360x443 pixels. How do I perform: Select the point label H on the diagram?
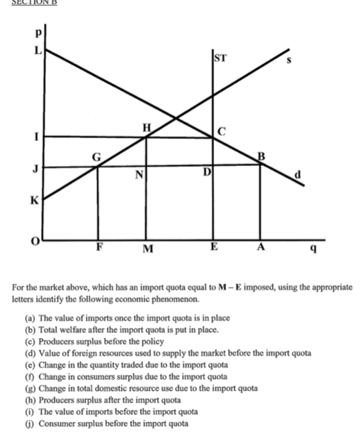coord(147,127)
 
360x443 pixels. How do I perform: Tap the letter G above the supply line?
coord(97,156)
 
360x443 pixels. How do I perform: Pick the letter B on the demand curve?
coord(262,156)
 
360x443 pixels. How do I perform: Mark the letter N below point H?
coord(139,176)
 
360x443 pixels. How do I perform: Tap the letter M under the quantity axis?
coord(147,249)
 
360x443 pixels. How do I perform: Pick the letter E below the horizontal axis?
coord(213,246)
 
